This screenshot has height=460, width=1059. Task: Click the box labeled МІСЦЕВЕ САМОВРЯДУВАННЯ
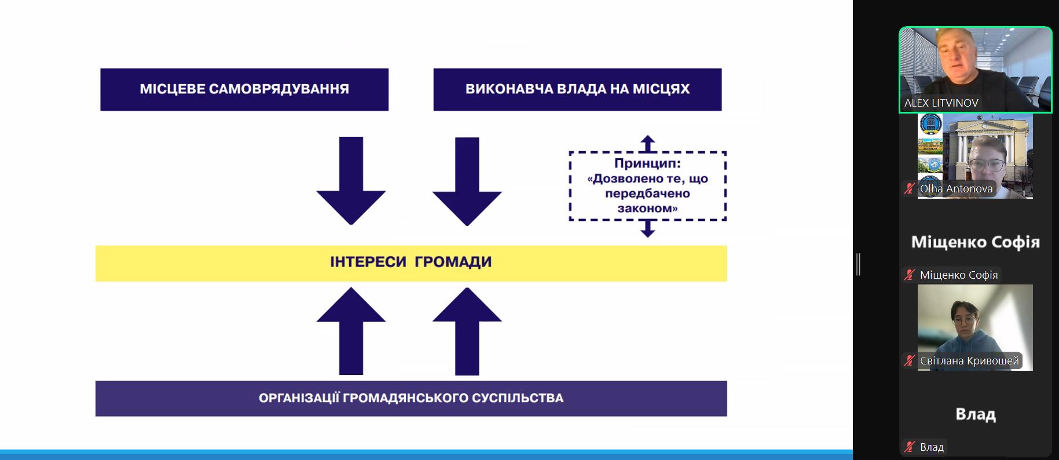tap(244, 89)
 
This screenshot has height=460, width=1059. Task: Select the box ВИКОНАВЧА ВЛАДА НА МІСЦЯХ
tap(577, 89)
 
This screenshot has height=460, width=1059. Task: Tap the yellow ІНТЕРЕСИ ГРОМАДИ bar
tap(411, 263)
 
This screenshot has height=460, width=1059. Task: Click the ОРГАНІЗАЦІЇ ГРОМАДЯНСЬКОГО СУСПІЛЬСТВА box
tap(411, 398)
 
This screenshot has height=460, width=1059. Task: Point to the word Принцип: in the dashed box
tap(647, 163)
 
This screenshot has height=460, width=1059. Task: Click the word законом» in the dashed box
tap(647, 208)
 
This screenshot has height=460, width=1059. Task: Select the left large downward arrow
tap(351, 180)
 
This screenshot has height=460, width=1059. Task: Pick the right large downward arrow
tap(467, 181)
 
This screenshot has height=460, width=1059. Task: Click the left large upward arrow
tap(351, 331)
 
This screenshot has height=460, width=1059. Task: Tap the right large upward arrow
tap(467, 331)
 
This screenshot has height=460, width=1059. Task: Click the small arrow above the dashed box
tap(648, 144)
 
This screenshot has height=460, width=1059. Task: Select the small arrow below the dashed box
tap(648, 229)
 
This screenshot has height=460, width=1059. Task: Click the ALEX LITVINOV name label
tap(941, 103)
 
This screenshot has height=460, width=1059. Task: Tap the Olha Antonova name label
tap(956, 188)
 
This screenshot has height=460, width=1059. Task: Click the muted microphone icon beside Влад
tap(910, 447)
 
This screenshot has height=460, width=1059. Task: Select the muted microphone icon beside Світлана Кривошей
tap(910, 361)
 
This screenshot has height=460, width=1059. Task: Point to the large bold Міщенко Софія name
tap(976, 242)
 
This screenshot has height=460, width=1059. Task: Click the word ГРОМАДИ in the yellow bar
tap(453, 262)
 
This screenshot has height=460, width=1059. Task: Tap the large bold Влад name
tap(976, 414)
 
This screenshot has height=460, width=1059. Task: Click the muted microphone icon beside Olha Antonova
tap(910, 188)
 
